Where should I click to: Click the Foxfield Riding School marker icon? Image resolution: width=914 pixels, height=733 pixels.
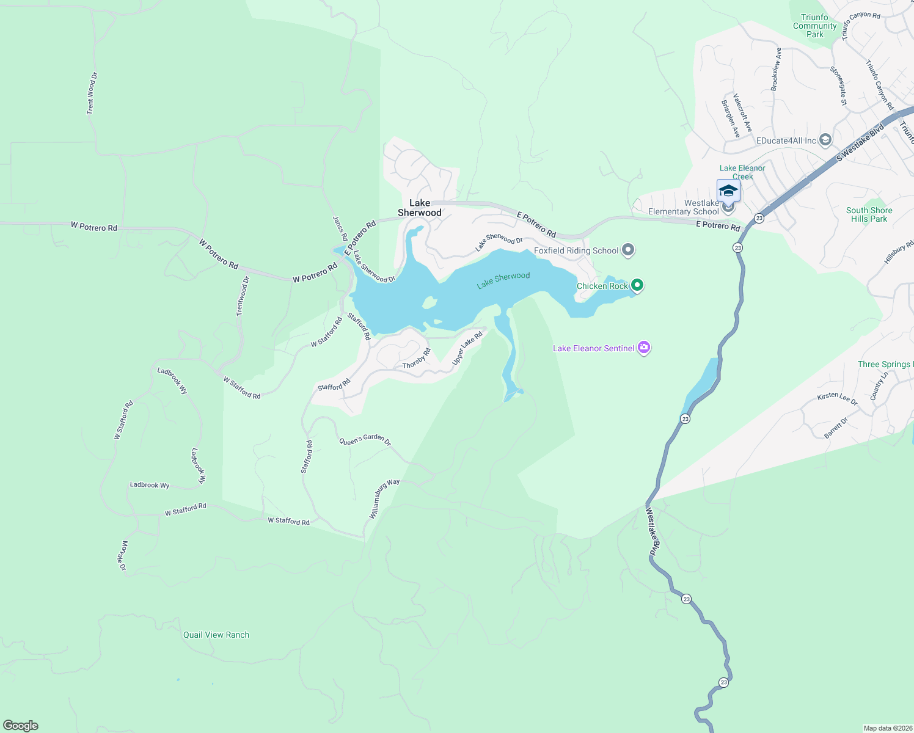pyautogui.click(x=628, y=250)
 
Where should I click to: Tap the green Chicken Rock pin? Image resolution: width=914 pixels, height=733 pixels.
pyautogui.click(x=637, y=285)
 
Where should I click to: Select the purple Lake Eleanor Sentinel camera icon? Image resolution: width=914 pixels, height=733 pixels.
pyautogui.click(x=644, y=348)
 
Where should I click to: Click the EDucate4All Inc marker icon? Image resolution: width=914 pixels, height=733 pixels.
pyautogui.click(x=825, y=140)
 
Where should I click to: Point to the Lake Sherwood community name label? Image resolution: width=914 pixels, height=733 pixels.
pyautogui.click(x=419, y=208)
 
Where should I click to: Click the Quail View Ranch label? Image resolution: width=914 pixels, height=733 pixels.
pyautogui.click(x=216, y=635)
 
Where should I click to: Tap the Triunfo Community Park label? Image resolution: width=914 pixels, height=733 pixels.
pyautogui.click(x=815, y=26)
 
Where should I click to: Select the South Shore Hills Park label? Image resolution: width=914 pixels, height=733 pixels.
pyautogui.click(x=869, y=214)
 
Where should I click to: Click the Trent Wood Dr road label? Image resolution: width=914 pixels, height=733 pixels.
pyautogui.click(x=92, y=93)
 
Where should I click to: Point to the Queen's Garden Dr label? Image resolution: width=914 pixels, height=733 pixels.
pyautogui.click(x=365, y=440)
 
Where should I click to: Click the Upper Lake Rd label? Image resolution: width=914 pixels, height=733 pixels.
pyautogui.click(x=467, y=348)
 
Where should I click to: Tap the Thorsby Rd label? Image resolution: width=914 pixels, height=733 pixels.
pyautogui.click(x=417, y=359)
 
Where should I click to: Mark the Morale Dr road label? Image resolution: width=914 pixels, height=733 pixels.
pyautogui.click(x=123, y=555)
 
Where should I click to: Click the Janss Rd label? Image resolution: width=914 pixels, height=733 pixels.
pyautogui.click(x=340, y=228)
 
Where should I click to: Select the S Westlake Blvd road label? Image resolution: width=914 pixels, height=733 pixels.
pyautogui.click(x=860, y=143)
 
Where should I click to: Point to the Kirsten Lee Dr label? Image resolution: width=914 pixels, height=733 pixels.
pyautogui.click(x=837, y=398)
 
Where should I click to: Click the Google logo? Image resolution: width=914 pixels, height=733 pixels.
pyautogui.click(x=21, y=726)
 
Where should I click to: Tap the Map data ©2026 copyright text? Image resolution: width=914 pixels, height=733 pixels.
pyautogui.click(x=887, y=728)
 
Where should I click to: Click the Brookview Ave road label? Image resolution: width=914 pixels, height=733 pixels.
pyautogui.click(x=776, y=70)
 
